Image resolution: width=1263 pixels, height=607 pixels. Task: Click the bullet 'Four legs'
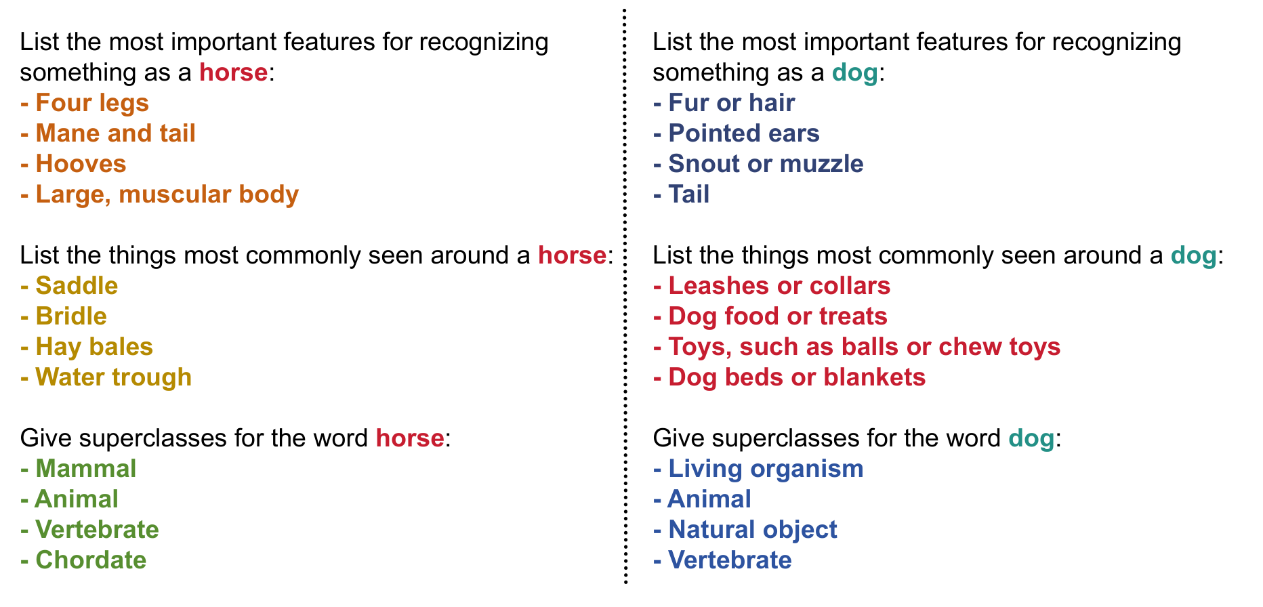[x=85, y=103]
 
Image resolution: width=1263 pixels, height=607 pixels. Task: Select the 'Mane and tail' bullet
[x=108, y=133]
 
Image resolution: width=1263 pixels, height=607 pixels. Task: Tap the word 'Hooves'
[x=81, y=164]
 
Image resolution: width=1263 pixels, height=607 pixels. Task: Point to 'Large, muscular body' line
[x=159, y=195]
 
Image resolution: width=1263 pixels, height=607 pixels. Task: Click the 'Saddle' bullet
[x=69, y=286]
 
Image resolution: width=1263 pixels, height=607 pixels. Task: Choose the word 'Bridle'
[x=71, y=316]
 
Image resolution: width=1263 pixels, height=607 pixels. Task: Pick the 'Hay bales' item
[x=87, y=347]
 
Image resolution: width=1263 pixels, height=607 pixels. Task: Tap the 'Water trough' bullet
[x=106, y=378]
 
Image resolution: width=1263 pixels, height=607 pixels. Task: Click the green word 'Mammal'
[x=85, y=469]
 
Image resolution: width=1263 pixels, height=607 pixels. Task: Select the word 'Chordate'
[x=91, y=560]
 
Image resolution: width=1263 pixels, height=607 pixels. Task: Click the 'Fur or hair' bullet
[x=724, y=103]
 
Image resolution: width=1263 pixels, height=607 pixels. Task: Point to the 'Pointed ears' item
[x=737, y=133]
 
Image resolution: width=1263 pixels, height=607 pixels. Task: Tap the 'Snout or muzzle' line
[x=758, y=164]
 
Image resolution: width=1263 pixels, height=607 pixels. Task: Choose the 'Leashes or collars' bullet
[x=772, y=286]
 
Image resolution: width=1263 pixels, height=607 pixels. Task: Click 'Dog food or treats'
[x=770, y=316]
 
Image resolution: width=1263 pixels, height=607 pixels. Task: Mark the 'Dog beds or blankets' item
[x=789, y=377]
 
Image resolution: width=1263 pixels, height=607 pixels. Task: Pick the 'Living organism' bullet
[x=758, y=469]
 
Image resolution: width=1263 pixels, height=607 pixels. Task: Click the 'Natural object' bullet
[x=745, y=530]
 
